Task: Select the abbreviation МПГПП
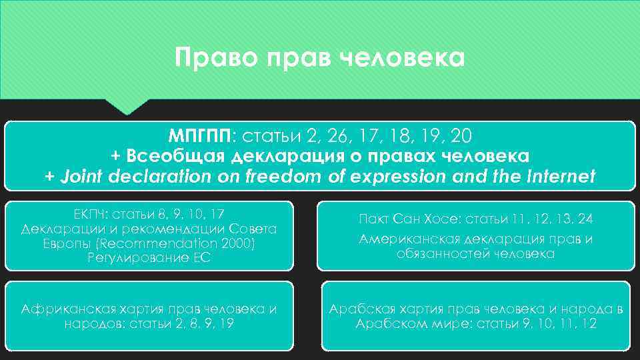[x=198, y=137]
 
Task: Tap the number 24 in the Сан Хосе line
[x=585, y=219]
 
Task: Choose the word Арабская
[x=361, y=309]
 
